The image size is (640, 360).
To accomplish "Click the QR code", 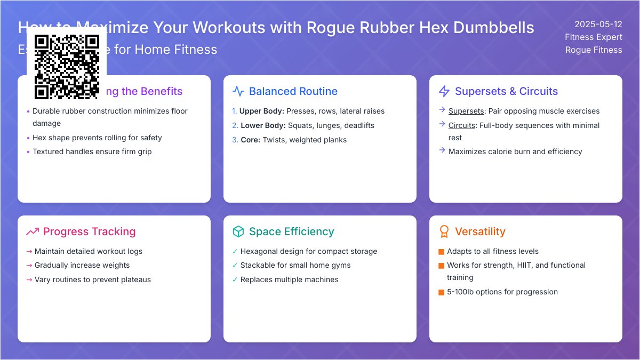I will [x=67, y=67].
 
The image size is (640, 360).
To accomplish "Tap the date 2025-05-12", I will [x=598, y=24].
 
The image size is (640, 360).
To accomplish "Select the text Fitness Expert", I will [x=594, y=37].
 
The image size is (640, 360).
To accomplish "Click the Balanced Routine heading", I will [x=293, y=91].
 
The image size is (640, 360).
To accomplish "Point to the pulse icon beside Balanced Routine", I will [x=238, y=91].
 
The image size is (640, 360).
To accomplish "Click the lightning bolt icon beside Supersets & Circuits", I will [x=444, y=91].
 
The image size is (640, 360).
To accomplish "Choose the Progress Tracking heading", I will [x=89, y=231].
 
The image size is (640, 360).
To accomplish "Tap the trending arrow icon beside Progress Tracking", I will [x=33, y=231].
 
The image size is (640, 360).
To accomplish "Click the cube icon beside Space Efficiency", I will [x=238, y=231].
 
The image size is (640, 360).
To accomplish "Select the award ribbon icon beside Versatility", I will [x=444, y=231].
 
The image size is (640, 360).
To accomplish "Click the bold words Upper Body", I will [x=261, y=111].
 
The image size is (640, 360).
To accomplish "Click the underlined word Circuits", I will [x=462, y=126].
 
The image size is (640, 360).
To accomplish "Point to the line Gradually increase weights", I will [x=82, y=265].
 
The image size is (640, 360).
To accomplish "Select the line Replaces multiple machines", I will [x=289, y=279].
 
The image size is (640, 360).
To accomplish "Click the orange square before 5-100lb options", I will [x=441, y=292].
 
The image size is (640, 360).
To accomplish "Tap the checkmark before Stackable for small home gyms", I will [x=235, y=265].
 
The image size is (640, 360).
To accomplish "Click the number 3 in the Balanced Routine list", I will [x=235, y=140].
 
